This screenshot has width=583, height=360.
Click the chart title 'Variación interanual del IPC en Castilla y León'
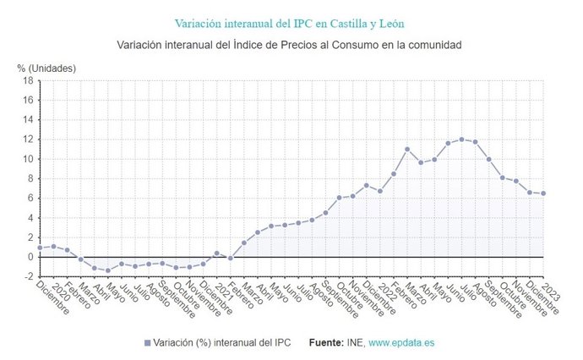tap(291, 23)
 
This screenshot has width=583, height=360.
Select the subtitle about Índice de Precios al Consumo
tap(291, 44)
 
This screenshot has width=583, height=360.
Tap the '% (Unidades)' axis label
tap(46, 68)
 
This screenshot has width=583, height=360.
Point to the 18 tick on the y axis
tap(28, 81)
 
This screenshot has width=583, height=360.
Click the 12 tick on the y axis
tap(28, 139)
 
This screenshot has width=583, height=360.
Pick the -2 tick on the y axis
tap(28, 276)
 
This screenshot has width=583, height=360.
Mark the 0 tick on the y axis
tap(30, 257)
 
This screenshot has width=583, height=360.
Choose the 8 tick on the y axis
tap(30, 178)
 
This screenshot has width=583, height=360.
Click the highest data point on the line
tap(461, 139)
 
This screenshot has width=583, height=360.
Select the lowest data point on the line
tap(108, 270)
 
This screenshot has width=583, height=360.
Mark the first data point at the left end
tap(40, 248)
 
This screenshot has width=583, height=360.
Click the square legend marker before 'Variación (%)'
tap(147, 343)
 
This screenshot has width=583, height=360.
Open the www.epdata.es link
tap(401, 343)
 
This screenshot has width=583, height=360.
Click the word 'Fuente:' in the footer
tap(325, 343)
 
